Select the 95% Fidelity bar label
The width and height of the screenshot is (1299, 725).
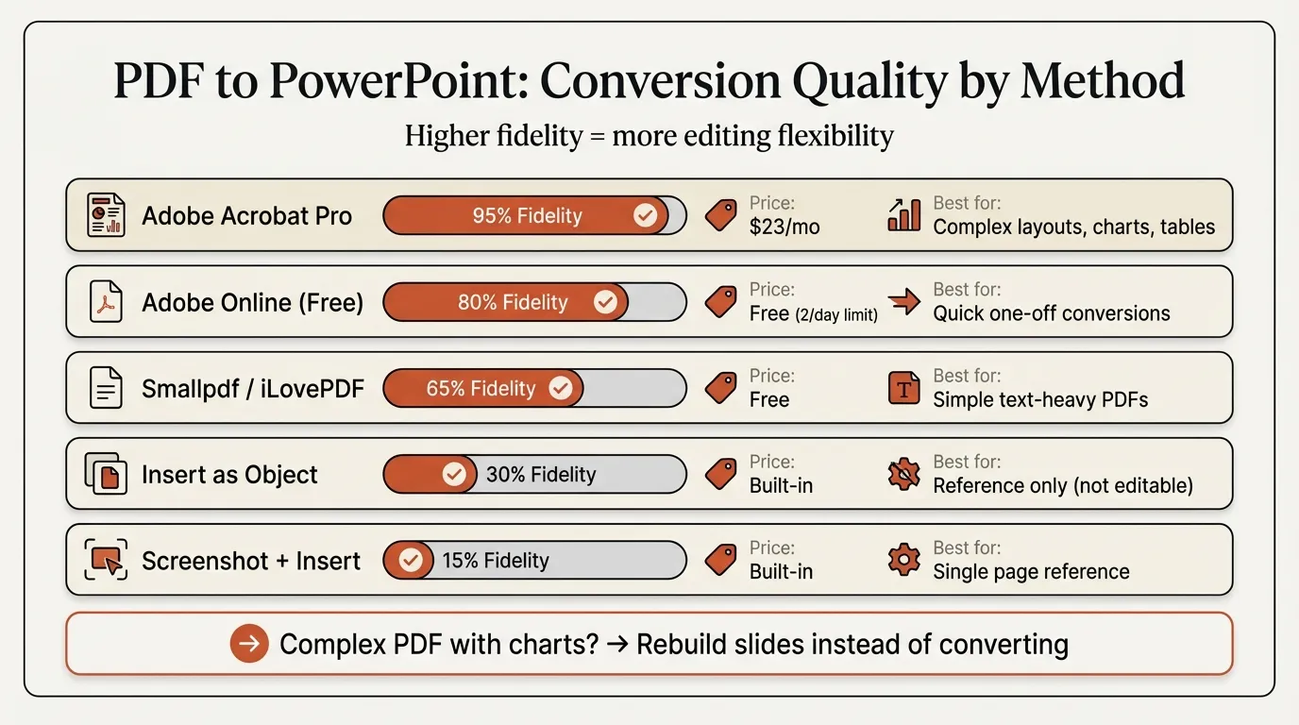(527, 216)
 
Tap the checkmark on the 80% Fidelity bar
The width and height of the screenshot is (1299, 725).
(605, 302)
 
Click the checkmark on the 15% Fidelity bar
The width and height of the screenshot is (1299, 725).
(410, 561)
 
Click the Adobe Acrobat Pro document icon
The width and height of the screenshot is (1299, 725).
(106, 215)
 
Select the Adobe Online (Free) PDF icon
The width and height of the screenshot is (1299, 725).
(106, 302)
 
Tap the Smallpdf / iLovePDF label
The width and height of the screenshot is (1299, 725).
(252, 389)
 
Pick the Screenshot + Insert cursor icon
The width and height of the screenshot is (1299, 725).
(106, 561)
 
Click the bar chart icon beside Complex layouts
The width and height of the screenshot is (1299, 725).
(903, 215)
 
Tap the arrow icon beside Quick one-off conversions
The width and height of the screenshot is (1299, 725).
(903, 302)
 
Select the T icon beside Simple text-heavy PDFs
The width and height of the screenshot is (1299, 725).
(903, 388)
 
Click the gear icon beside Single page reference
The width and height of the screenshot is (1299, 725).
(903, 561)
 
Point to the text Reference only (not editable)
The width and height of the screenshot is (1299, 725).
(1062, 486)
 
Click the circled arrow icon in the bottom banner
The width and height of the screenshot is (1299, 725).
(249, 645)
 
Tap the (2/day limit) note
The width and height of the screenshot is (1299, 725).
(835, 314)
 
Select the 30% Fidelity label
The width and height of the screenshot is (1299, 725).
(540, 475)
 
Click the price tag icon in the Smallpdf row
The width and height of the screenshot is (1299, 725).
(721, 388)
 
